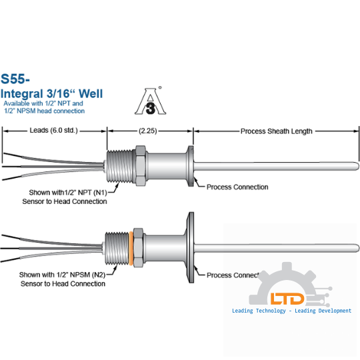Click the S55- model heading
(15, 79)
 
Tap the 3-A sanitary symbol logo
(151, 101)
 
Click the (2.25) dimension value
(148, 131)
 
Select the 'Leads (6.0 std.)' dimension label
(54, 131)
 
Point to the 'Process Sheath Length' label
(277, 131)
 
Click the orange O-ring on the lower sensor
(131, 248)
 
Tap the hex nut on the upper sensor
(140, 165)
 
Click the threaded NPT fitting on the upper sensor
(121, 166)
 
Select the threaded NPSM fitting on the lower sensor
(117, 249)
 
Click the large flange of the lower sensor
(191, 247)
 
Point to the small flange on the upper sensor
(191, 166)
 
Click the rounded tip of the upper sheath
(357, 166)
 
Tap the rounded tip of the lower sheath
(357, 248)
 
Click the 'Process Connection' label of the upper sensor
(237, 187)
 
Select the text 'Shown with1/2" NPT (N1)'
(68, 193)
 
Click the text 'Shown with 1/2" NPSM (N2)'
(62, 275)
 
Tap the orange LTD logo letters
(287, 299)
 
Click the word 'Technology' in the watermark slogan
(271, 311)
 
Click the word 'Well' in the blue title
(91, 94)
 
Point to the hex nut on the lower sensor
(138, 248)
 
